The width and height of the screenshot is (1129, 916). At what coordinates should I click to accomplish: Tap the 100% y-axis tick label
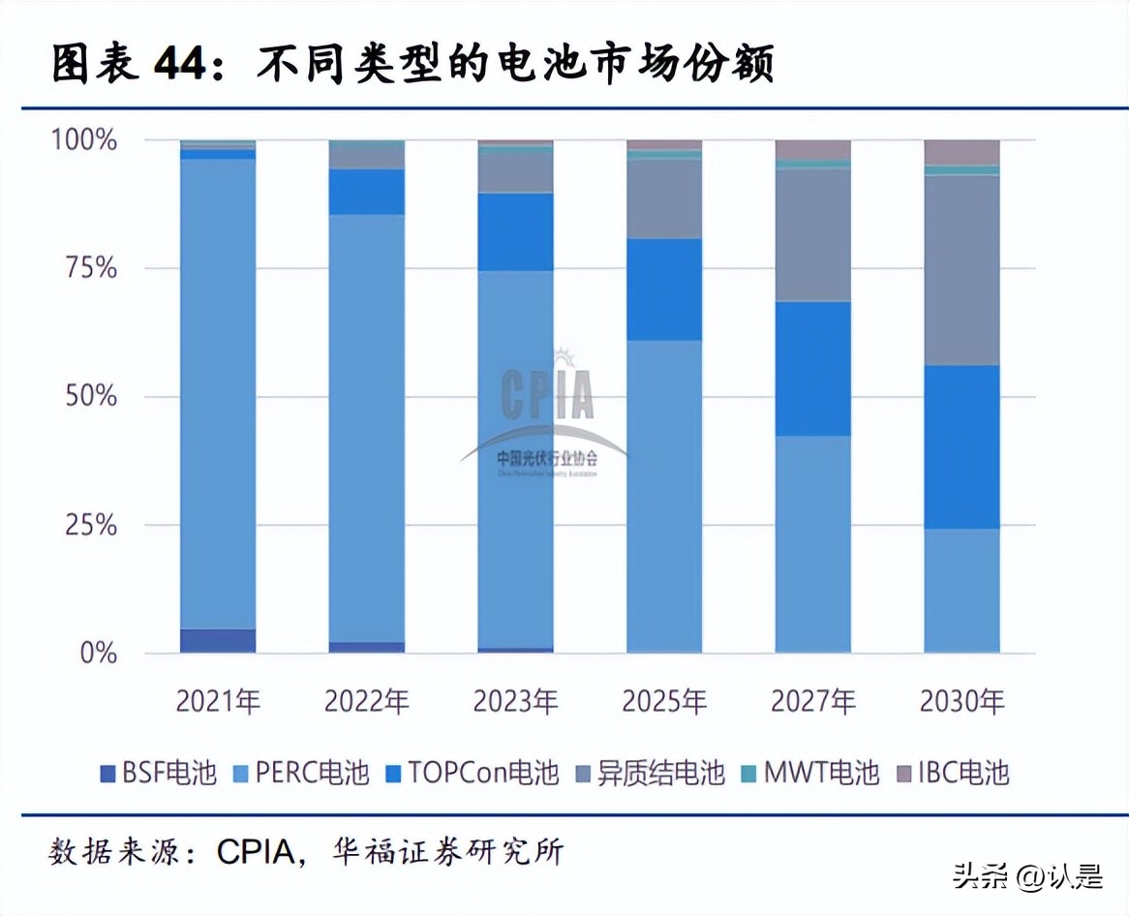[84, 140]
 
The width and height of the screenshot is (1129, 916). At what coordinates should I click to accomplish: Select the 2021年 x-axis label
[218, 701]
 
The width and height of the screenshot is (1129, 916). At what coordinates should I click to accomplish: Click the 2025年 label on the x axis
[664, 701]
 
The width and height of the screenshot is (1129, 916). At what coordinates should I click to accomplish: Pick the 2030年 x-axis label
[961, 701]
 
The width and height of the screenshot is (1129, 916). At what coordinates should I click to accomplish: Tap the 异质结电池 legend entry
[650, 773]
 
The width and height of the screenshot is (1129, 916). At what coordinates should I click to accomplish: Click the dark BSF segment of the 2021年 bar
[218, 641]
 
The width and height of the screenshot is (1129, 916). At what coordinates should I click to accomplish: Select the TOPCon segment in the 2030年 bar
[961, 446]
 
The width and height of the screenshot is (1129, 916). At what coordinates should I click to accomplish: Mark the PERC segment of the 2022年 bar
[367, 426]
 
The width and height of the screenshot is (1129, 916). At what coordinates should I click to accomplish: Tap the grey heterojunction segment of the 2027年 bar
[813, 235]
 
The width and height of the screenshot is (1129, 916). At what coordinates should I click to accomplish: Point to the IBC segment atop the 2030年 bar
[961, 152]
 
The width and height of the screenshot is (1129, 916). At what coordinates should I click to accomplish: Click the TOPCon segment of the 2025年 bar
[664, 290]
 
